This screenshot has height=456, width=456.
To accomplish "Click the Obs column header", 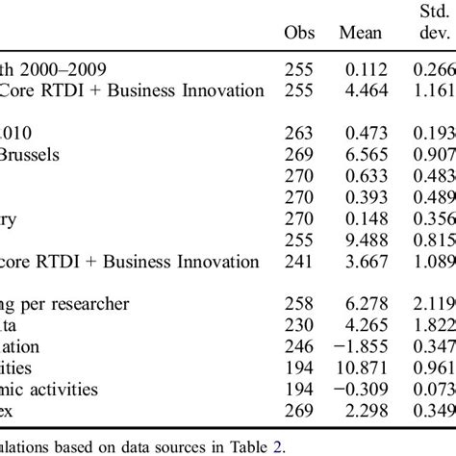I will [300, 33].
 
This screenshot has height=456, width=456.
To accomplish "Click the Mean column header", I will [361, 33].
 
